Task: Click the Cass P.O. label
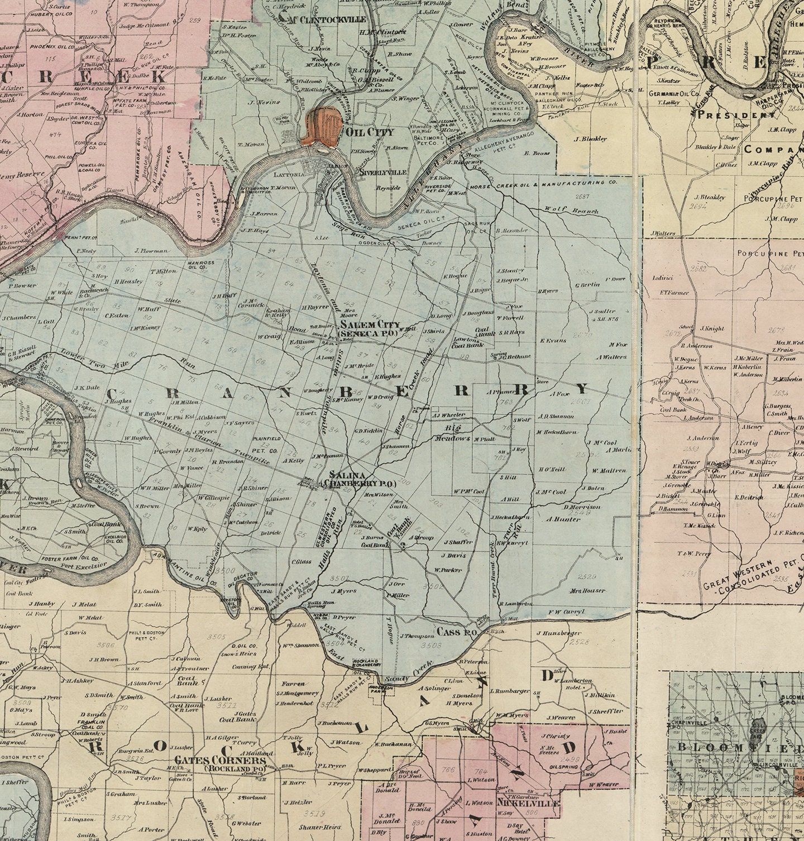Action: coord(456,632)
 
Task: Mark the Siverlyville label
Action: coord(383,173)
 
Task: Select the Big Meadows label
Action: coord(454,433)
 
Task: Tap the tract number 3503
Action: coord(430,645)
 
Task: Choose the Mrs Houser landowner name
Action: coord(587,590)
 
